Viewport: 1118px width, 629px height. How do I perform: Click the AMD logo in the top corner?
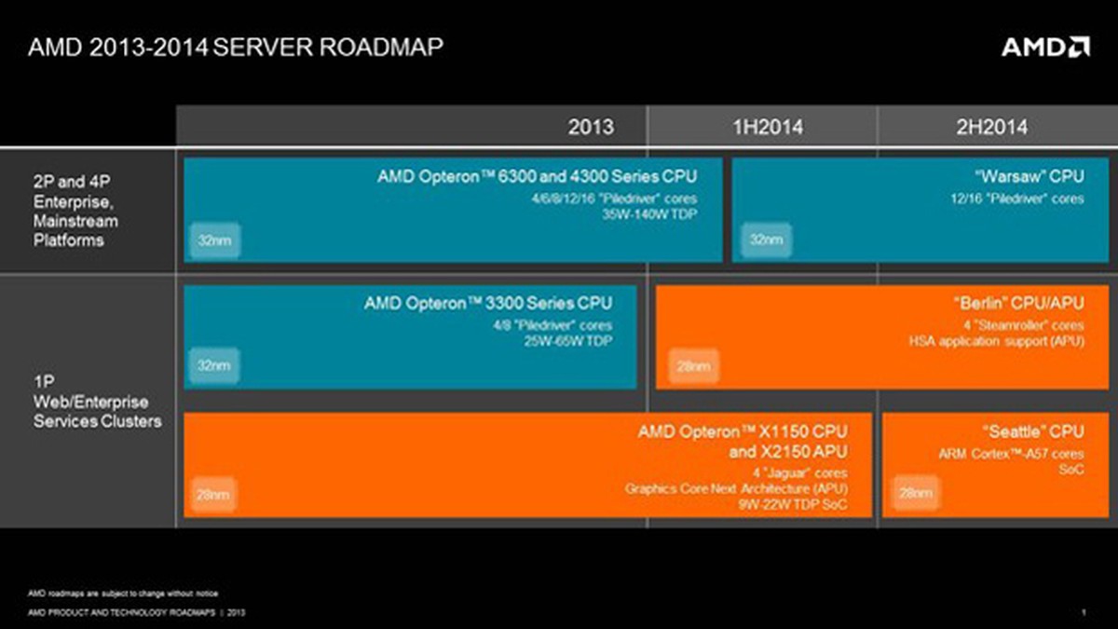1044,47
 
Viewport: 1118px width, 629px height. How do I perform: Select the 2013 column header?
591,127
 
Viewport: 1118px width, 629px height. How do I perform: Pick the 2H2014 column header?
992,127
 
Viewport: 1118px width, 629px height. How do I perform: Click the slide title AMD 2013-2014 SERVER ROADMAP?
236,48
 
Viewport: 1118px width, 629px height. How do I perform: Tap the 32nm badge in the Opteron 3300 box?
213,365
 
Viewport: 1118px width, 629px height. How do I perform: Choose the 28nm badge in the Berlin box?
693,366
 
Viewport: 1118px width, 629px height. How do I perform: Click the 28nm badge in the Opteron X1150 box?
213,494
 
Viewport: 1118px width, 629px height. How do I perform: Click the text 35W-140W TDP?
650,213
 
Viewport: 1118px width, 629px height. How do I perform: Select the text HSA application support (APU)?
996,341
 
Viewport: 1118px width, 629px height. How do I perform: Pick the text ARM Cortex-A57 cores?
1011,454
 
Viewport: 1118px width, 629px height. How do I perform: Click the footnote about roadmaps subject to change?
123,593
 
